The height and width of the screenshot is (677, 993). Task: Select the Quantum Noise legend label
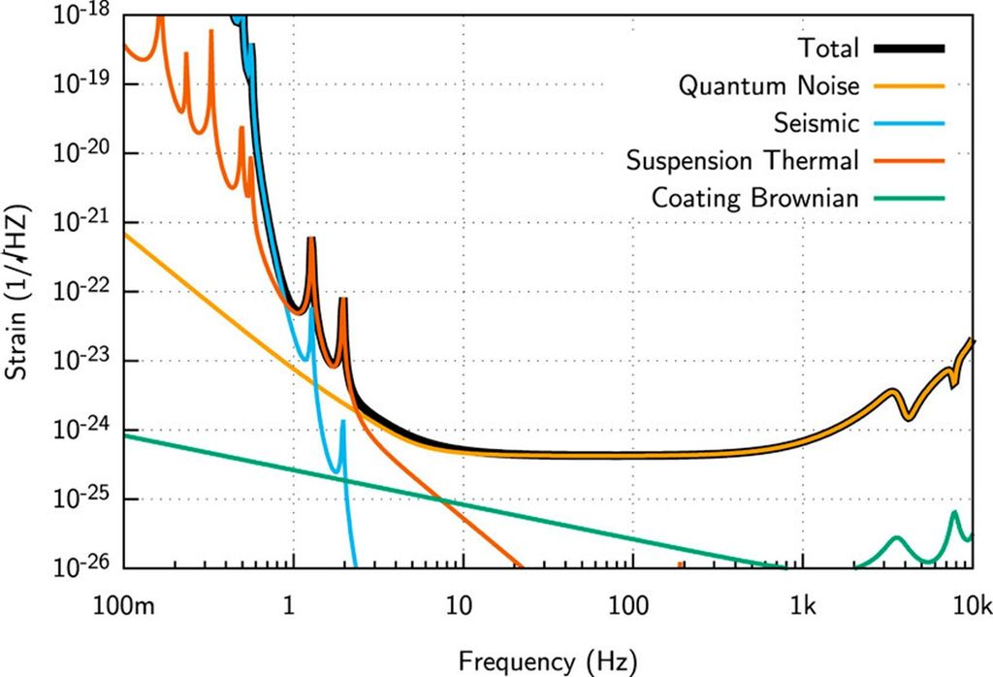pos(768,86)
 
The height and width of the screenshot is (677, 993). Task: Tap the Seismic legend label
pos(817,123)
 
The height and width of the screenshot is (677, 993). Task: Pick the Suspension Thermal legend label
pos(742,160)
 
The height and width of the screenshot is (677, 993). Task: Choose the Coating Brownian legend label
pos(754,198)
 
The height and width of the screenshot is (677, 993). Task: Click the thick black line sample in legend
pos(910,48)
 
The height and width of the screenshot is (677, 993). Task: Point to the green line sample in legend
pos(910,198)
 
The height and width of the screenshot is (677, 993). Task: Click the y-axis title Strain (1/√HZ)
pos(21,291)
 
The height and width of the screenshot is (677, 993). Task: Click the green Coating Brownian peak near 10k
pos(954,513)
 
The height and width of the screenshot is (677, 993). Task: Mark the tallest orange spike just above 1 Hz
pos(311,240)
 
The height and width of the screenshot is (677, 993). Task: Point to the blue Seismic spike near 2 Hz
pos(342,423)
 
